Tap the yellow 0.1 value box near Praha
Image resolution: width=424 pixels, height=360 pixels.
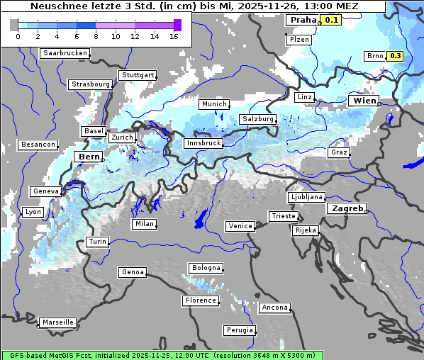pos(331,21)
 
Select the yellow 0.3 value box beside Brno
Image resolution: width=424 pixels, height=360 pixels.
pos(396,56)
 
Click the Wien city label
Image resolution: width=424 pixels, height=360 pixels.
pos(364,101)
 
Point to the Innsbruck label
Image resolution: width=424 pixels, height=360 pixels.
pos(203,143)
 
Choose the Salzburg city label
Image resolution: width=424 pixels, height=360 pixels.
pos(257,119)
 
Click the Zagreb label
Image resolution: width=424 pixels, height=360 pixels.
pos(346,209)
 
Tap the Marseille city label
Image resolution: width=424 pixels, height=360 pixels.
pos(57,322)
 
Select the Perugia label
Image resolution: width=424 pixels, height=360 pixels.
pos(239,330)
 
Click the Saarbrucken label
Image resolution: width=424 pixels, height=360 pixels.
pos(65,53)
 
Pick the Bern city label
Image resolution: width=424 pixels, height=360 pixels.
pos(89,157)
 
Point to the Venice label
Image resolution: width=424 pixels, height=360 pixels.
pos(240,226)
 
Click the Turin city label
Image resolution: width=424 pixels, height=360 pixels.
pos(98,242)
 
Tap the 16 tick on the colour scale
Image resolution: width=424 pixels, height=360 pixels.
pos(174,36)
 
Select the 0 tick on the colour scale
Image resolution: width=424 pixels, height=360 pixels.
pos(17,36)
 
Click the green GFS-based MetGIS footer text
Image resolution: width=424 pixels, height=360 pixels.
pos(162,355)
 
